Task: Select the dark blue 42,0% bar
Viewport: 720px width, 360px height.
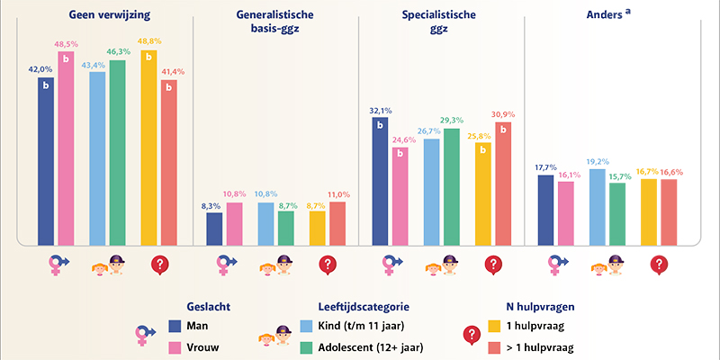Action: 46,162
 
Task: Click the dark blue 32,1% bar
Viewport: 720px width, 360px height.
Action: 380,181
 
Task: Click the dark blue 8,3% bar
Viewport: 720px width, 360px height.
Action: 214,229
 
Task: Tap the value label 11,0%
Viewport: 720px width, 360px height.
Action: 338,194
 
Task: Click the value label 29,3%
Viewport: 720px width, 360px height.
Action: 452,121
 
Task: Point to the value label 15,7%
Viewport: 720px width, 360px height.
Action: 616,175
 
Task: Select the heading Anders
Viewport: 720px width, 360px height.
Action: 622,16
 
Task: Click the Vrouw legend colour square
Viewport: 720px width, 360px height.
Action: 176,346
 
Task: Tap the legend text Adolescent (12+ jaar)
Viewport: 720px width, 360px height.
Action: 361,346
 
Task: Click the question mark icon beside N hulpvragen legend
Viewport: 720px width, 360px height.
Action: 471,336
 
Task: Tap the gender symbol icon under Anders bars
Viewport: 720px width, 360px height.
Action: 560,265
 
